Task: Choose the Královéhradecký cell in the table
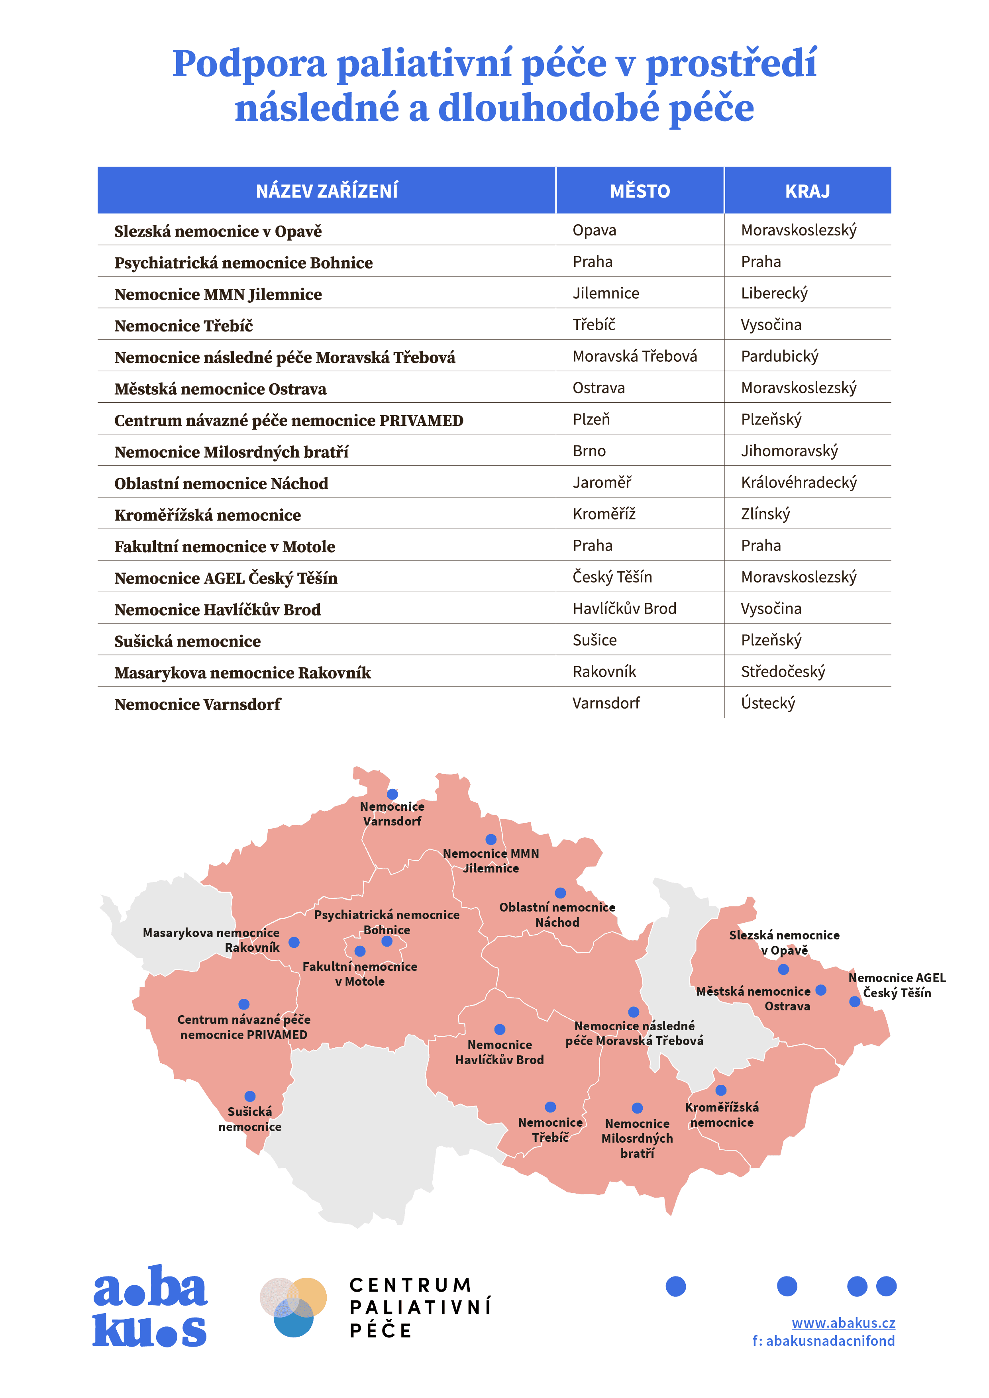(x=799, y=483)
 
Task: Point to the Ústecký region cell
(x=767, y=703)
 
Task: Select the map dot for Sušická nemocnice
(x=250, y=1096)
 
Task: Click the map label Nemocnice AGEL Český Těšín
(x=897, y=985)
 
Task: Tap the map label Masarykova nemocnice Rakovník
(x=211, y=940)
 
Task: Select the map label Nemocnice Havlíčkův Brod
(x=499, y=1052)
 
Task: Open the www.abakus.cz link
(x=843, y=1323)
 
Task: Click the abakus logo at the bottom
(x=150, y=1306)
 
